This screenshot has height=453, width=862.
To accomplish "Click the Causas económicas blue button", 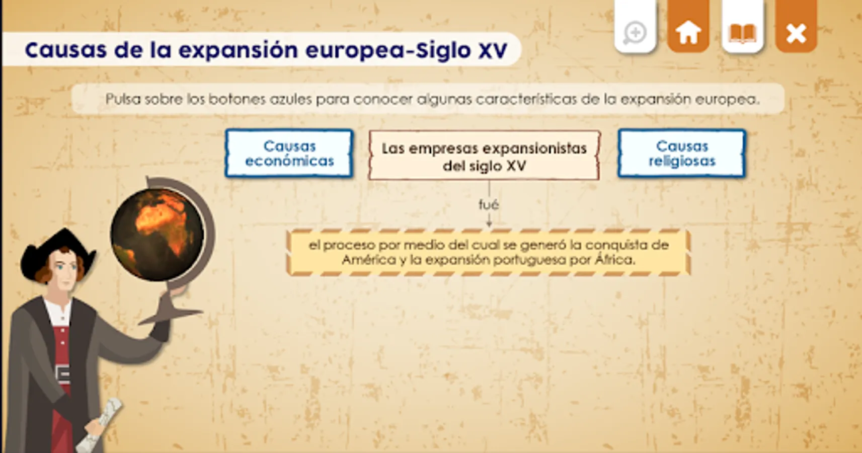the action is coord(289,154).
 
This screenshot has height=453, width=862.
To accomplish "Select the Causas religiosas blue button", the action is coord(682,154).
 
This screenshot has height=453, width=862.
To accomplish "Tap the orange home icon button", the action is coord(688,26).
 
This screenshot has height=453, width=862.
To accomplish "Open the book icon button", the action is coord(743,26).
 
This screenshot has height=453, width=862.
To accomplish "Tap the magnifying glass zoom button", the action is coord(636,26).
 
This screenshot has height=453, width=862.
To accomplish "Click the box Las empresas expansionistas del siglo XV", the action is coord(485,156).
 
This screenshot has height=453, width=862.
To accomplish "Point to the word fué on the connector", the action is coord(489,204).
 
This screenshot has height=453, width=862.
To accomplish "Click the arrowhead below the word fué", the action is coord(489,223).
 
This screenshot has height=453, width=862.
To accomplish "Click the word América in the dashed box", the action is coord(369,260).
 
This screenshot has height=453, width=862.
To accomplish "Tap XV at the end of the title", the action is coord(493,50).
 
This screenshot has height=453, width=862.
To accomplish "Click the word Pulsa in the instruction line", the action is coord(123,99).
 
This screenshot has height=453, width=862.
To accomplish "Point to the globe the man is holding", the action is coord(158,235).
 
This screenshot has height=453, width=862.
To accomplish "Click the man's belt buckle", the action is coord(63,373).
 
